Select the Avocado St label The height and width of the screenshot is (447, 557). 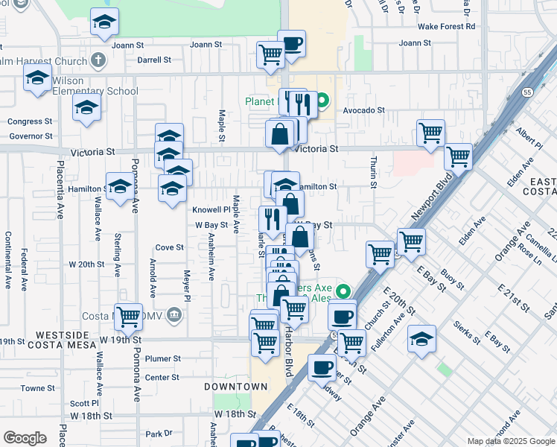tap(363, 110)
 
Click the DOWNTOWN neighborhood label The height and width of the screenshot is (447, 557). tap(236, 387)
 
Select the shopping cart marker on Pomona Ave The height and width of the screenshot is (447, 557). tap(129, 317)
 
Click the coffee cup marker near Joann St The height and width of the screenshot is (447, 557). tap(292, 42)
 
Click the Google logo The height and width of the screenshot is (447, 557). tap(25, 437)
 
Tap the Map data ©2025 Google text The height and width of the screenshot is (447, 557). tap(510, 441)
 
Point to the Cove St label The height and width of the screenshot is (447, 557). tap(170, 247)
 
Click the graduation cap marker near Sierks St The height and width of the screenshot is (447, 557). tap(422, 338)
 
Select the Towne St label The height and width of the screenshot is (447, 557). tap(34, 388)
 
